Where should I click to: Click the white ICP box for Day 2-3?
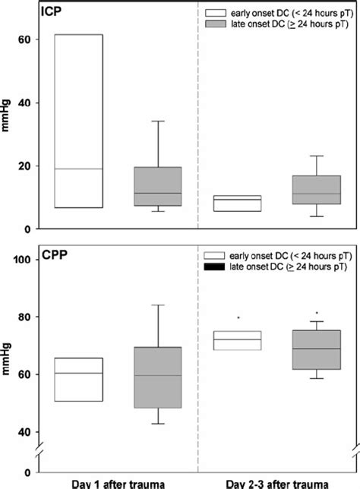(238, 203)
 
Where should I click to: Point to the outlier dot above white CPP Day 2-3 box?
(238, 317)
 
